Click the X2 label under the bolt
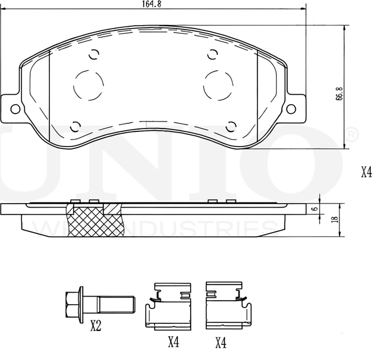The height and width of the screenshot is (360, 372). point(96,327)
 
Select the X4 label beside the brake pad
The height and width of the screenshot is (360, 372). point(366,172)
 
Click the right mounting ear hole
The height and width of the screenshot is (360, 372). point(292,108)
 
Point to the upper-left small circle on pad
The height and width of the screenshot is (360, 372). point(93,56)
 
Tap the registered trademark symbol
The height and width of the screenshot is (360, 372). point(351,136)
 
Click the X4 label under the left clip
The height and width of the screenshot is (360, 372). point(173,343)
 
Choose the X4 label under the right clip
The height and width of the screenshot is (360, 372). point(220,343)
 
